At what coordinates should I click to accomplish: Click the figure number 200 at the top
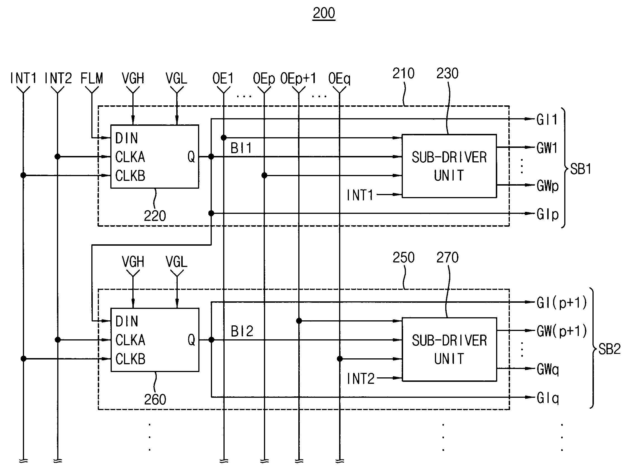click(324, 13)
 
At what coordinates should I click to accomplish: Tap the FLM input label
click(92, 78)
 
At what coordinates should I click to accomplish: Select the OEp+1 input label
click(298, 79)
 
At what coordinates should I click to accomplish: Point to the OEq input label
click(339, 79)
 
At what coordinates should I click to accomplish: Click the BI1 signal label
click(241, 148)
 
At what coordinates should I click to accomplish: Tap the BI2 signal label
click(242, 331)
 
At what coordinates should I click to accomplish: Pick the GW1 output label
click(547, 148)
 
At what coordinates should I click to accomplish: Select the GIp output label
click(548, 214)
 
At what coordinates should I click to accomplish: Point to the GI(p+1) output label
click(562, 303)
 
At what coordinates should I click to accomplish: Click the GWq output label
click(548, 369)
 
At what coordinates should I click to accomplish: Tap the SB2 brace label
click(610, 349)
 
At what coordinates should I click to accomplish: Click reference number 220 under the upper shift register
click(155, 216)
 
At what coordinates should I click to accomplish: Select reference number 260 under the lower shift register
click(155, 399)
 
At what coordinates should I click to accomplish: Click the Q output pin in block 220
click(191, 157)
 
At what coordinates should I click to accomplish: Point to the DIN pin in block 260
click(127, 321)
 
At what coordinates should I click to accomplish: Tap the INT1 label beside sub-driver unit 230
click(360, 195)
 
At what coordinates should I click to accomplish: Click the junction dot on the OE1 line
click(223, 138)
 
